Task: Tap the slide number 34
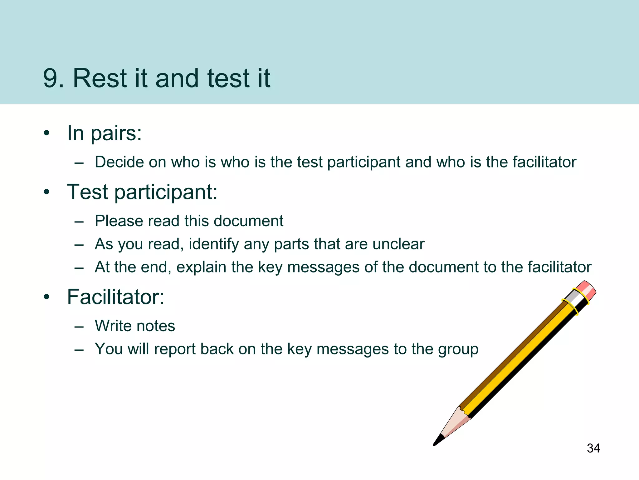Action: coord(593,448)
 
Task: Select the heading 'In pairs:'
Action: coord(105,133)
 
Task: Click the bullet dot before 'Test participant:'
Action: coord(47,192)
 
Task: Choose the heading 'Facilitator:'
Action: coord(115,297)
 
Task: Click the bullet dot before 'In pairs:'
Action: coord(47,133)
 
